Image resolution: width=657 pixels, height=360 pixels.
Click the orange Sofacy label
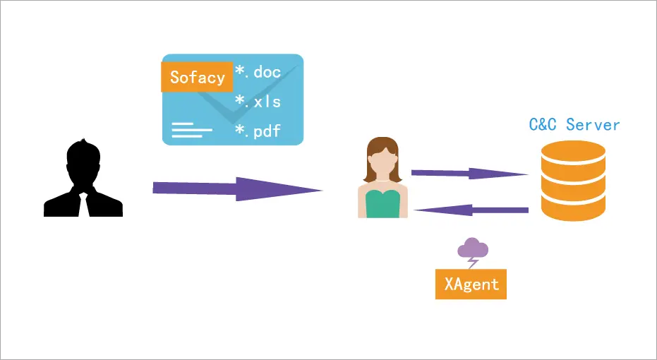(197, 77)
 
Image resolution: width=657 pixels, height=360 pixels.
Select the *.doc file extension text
(258, 73)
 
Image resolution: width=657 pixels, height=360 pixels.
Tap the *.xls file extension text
(258, 102)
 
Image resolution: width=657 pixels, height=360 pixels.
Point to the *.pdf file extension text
(258, 131)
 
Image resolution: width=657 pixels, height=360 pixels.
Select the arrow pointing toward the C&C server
(469, 173)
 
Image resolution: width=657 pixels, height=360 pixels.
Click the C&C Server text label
(574, 126)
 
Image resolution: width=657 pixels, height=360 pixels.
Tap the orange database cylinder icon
(573, 181)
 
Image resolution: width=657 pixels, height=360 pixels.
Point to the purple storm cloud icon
(473, 248)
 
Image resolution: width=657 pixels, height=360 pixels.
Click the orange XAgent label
(471, 284)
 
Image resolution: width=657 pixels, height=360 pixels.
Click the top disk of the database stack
(573, 152)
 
